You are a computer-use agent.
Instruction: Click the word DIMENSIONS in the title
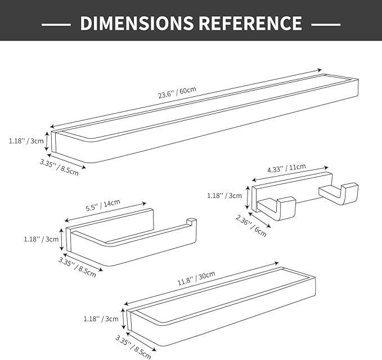pyautogui.click(x=137, y=23)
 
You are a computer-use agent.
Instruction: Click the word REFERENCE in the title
pyautogui.click(x=250, y=23)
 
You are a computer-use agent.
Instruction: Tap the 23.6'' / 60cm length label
pyautogui.click(x=177, y=92)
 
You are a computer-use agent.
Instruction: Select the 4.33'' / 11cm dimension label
pyautogui.click(x=286, y=168)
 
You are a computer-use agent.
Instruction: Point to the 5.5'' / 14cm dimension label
pyautogui.click(x=103, y=205)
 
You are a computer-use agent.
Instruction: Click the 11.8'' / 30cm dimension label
pyautogui.click(x=196, y=278)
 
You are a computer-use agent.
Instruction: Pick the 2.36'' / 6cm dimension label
pyautogui.click(x=251, y=226)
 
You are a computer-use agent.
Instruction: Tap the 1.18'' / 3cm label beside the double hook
pyautogui.click(x=224, y=196)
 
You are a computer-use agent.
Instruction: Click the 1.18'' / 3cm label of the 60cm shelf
pyautogui.click(x=26, y=141)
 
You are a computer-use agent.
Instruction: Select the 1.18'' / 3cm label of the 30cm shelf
pyautogui.click(x=101, y=319)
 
